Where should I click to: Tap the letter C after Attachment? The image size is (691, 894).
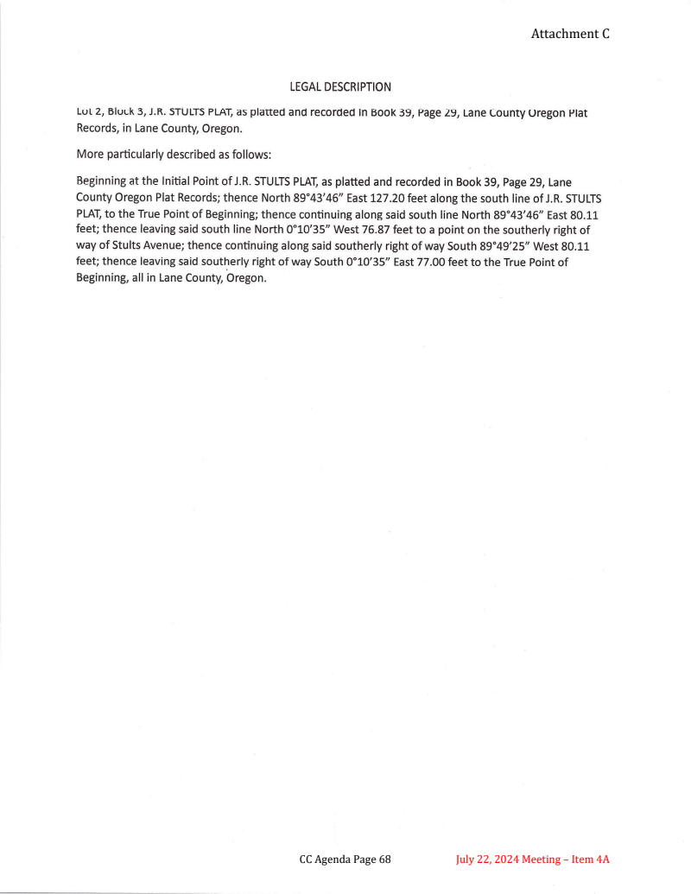[x=606, y=34]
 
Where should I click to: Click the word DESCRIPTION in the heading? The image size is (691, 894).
[x=359, y=87]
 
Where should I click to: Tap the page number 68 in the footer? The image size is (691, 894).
[x=384, y=859]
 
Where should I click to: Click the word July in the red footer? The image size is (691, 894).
[x=467, y=859]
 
